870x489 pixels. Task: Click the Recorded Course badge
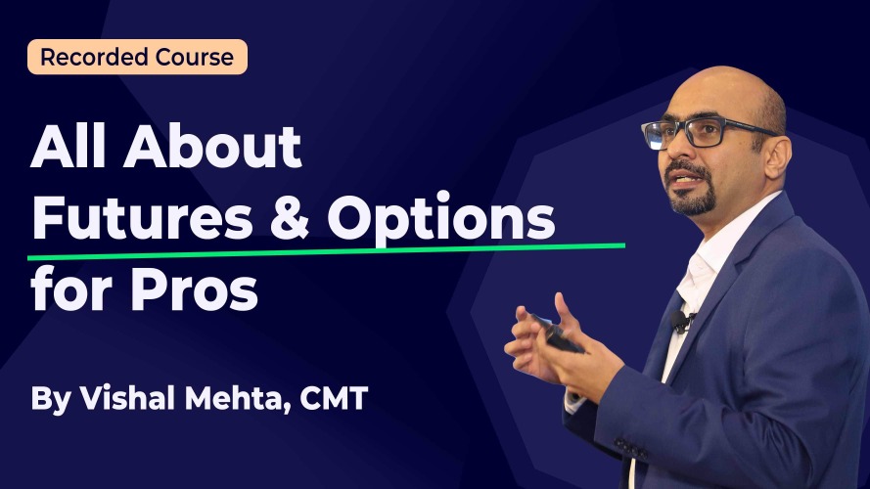pyautogui.click(x=137, y=57)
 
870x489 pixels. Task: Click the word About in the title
pyautogui.click(x=212, y=147)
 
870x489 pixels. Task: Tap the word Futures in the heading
pyautogui.click(x=143, y=218)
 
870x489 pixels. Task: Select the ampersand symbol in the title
pyautogui.click(x=289, y=218)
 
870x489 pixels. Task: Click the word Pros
pyautogui.click(x=194, y=289)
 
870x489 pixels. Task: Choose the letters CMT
pyautogui.click(x=334, y=398)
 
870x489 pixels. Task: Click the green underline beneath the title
pyautogui.click(x=326, y=251)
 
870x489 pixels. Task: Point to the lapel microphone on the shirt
pyautogui.click(x=681, y=321)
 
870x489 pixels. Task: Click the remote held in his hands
pyautogui.click(x=557, y=333)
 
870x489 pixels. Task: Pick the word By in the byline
pyautogui.click(x=51, y=399)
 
